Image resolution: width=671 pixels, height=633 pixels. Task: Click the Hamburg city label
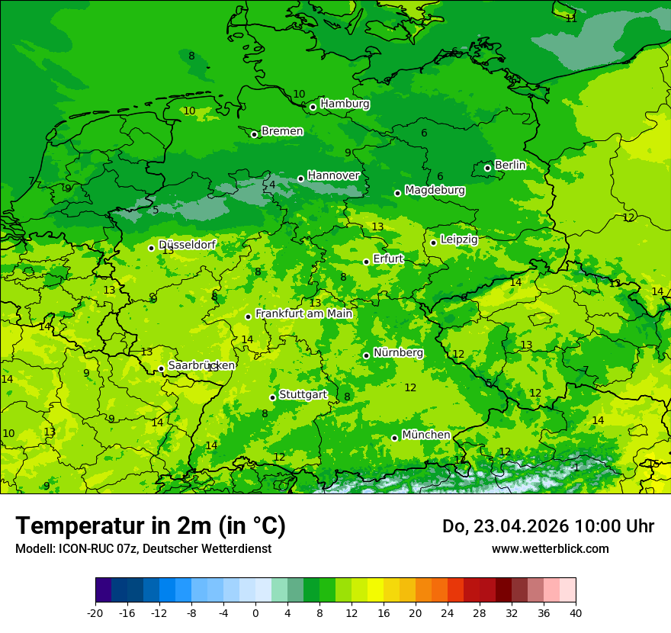(x=345, y=104)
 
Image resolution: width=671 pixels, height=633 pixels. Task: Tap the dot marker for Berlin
(x=487, y=168)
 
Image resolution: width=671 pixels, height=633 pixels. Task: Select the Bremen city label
(x=282, y=131)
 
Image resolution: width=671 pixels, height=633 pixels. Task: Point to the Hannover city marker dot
(x=300, y=178)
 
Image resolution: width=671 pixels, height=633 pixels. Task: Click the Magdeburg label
(x=435, y=190)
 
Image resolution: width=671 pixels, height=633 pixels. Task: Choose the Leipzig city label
(x=459, y=239)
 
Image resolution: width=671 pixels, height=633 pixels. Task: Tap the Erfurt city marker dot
(x=366, y=262)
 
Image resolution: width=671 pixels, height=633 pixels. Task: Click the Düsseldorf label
(x=187, y=245)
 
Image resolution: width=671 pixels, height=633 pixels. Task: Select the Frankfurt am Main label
(x=303, y=313)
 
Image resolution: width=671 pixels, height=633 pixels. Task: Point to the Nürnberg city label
(x=398, y=352)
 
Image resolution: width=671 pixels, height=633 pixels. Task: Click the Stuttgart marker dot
(x=272, y=397)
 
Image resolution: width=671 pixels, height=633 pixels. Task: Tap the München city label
(x=425, y=435)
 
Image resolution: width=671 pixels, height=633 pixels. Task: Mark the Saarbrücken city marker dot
(x=161, y=368)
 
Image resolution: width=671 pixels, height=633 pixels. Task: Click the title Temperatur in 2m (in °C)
(x=150, y=526)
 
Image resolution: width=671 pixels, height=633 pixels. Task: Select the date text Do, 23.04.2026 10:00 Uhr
(x=547, y=526)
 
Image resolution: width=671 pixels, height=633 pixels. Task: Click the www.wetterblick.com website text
(x=550, y=548)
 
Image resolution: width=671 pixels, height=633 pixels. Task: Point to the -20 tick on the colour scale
(x=95, y=612)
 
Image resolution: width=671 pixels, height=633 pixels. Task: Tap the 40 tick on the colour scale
(x=575, y=612)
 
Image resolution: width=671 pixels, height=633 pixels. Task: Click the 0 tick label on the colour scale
(x=255, y=612)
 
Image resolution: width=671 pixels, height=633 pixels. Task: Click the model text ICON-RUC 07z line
(x=143, y=548)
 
